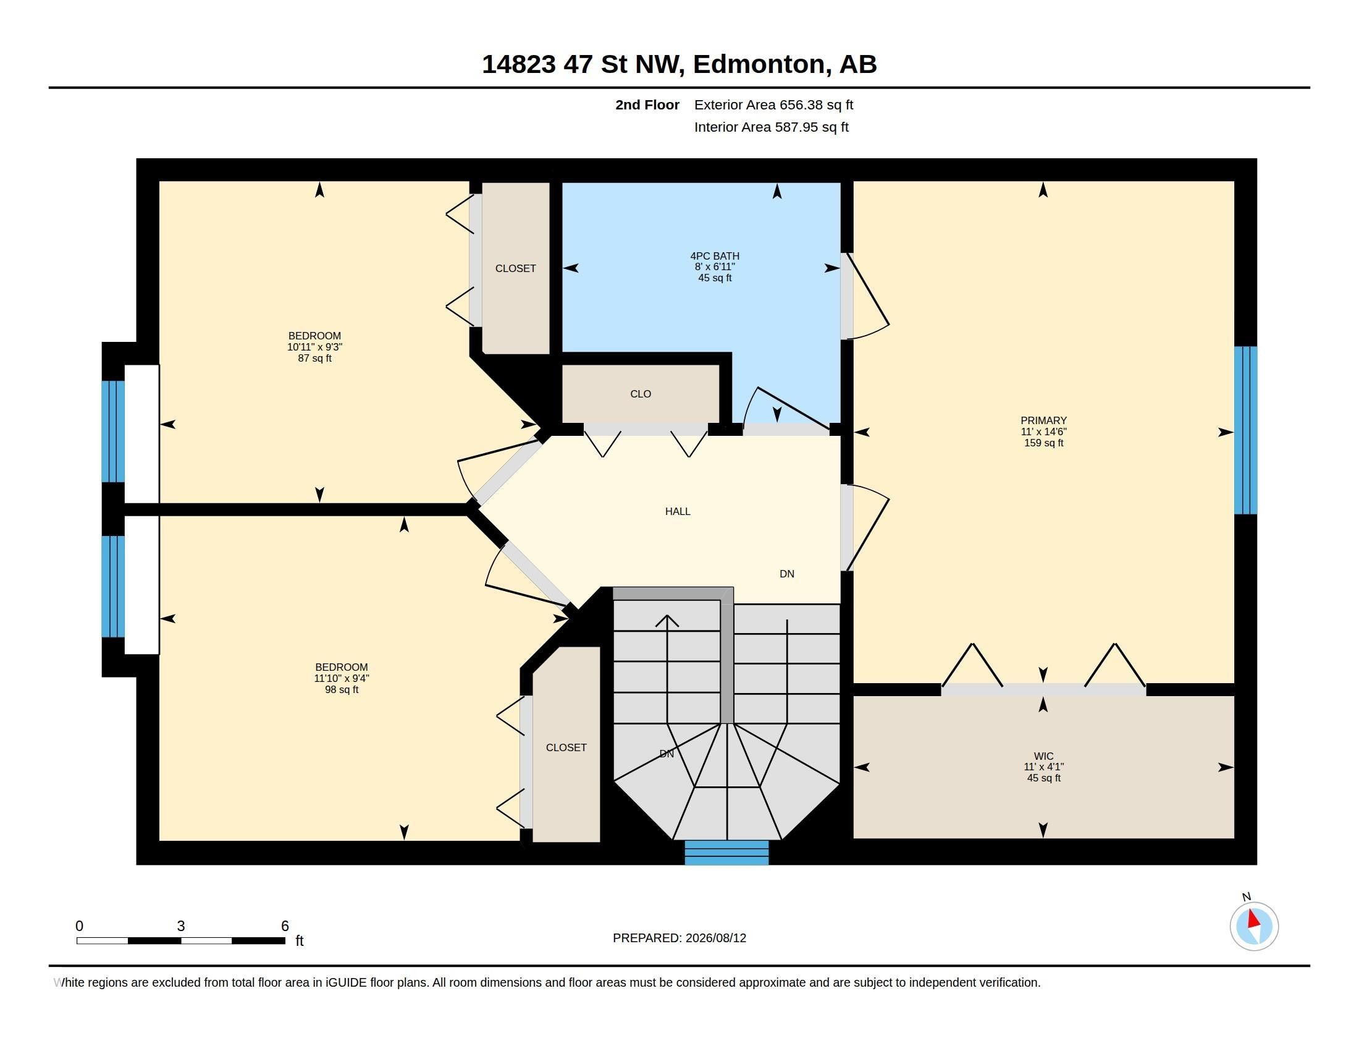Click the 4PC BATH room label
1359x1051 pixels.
coord(714,256)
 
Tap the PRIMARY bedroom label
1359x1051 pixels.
coord(1043,420)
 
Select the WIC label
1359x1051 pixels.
coord(1043,757)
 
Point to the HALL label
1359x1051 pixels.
coord(678,511)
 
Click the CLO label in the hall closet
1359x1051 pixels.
coord(641,393)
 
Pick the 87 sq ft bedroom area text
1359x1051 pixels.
coord(315,358)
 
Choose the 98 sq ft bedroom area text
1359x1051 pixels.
coord(342,689)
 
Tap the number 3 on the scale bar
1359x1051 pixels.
coord(180,926)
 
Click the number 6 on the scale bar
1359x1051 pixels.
coord(285,926)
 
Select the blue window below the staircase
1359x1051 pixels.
coord(726,853)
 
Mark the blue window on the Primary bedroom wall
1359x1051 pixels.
coord(1245,430)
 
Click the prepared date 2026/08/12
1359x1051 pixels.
coord(715,938)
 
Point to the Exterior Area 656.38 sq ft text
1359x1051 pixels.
coord(773,104)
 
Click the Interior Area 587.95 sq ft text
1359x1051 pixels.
coord(771,127)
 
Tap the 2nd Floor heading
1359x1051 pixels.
coord(647,104)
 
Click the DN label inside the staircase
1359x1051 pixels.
coord(667,754)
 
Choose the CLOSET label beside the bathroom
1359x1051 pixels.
coord(515,268)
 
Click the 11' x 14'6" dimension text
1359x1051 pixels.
coord(1043,432)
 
